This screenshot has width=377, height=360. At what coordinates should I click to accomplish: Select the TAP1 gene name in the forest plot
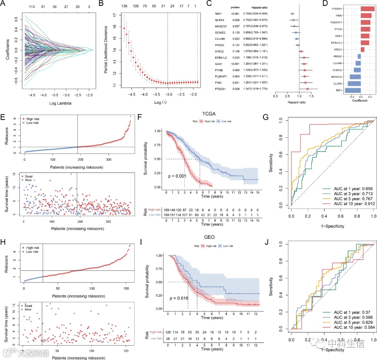219,14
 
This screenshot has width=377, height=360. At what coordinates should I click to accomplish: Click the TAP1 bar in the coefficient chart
353,90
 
